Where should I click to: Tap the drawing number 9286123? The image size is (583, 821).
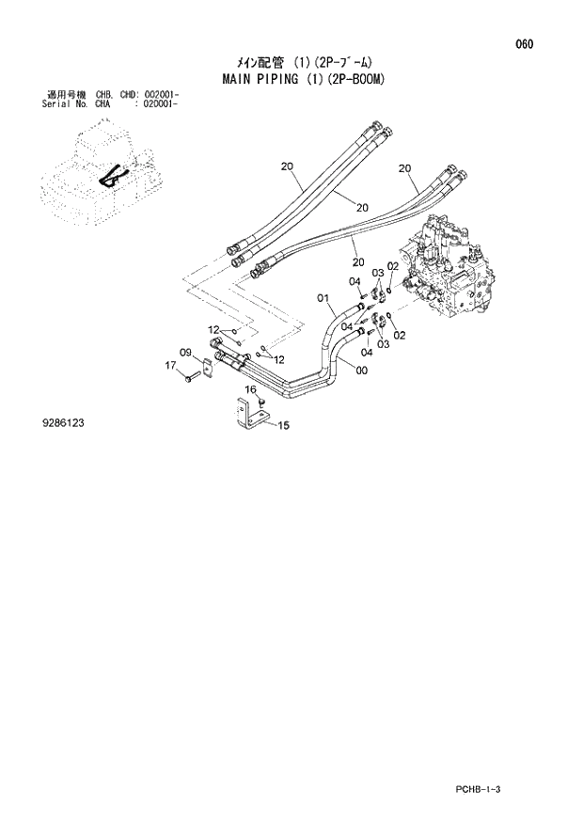[x=63, y=423]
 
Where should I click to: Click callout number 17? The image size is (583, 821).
[x=171, y=365]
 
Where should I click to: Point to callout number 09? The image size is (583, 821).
[x=186, y=353]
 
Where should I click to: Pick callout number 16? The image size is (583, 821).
[x=251, y=389]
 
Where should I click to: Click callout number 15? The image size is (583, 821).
[x=282, y=425]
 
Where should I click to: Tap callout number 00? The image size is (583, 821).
[x=361, y=370]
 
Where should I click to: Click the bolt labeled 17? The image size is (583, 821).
[x=191, y=378]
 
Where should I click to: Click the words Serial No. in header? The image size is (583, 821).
[x=65, y=103]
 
